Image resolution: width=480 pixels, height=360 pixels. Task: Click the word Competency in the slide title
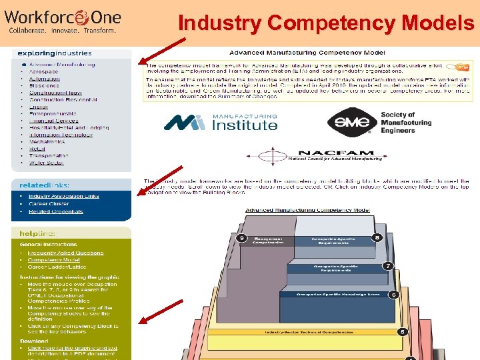coord(308,23)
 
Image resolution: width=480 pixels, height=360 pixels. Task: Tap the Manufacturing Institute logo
coord(221,122)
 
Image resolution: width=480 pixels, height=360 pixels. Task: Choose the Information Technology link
coord(61,135)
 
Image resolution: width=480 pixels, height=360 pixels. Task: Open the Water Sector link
coord(46,163)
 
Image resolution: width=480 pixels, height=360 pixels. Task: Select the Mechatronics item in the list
coord(47,142)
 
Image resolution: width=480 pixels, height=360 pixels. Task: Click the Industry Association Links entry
coord(63,197)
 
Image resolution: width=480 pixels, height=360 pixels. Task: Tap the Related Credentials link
coord(55,211)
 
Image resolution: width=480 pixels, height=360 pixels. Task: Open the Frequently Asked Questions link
coord(66,253)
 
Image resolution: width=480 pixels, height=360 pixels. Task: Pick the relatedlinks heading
coord(43,185)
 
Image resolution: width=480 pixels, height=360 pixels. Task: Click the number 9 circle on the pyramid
coord(243,237)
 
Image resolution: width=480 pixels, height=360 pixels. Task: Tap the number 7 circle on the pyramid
coord(387,267)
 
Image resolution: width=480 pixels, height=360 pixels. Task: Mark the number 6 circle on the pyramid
coord(393,295)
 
